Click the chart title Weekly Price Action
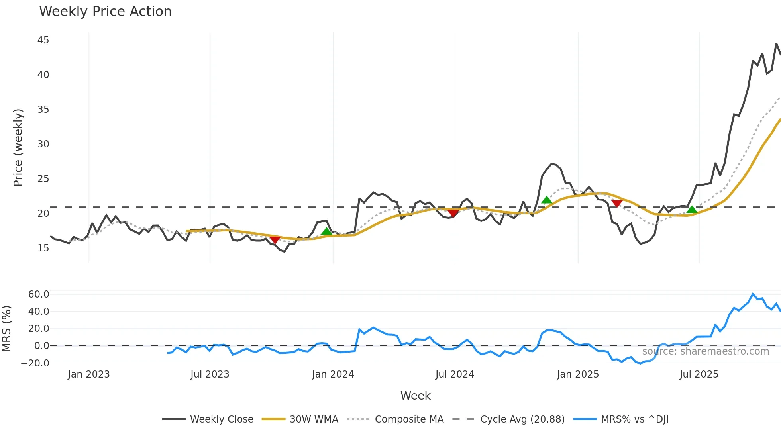(105, 12)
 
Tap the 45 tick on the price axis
(43, 40)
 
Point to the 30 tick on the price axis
(43, 144)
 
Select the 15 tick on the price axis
(43, 248)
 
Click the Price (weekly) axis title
(18, 147)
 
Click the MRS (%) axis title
(6, 329)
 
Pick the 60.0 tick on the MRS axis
(39, 294)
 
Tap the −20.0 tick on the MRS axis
(35, 363)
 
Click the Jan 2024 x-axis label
(333, 374)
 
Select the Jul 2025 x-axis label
(699, 374)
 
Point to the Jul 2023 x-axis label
(210, 374)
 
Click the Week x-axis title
(415, 396)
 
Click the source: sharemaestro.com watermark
(705, 351)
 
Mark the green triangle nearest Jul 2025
(692, 210)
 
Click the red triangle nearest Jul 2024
(453, 213)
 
